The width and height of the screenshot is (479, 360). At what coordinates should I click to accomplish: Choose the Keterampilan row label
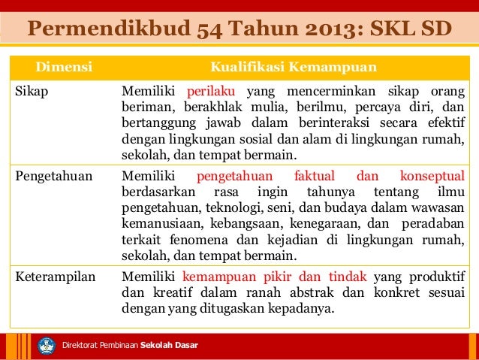pos(56,275)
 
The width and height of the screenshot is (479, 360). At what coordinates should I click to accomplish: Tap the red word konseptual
pos(432,177)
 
